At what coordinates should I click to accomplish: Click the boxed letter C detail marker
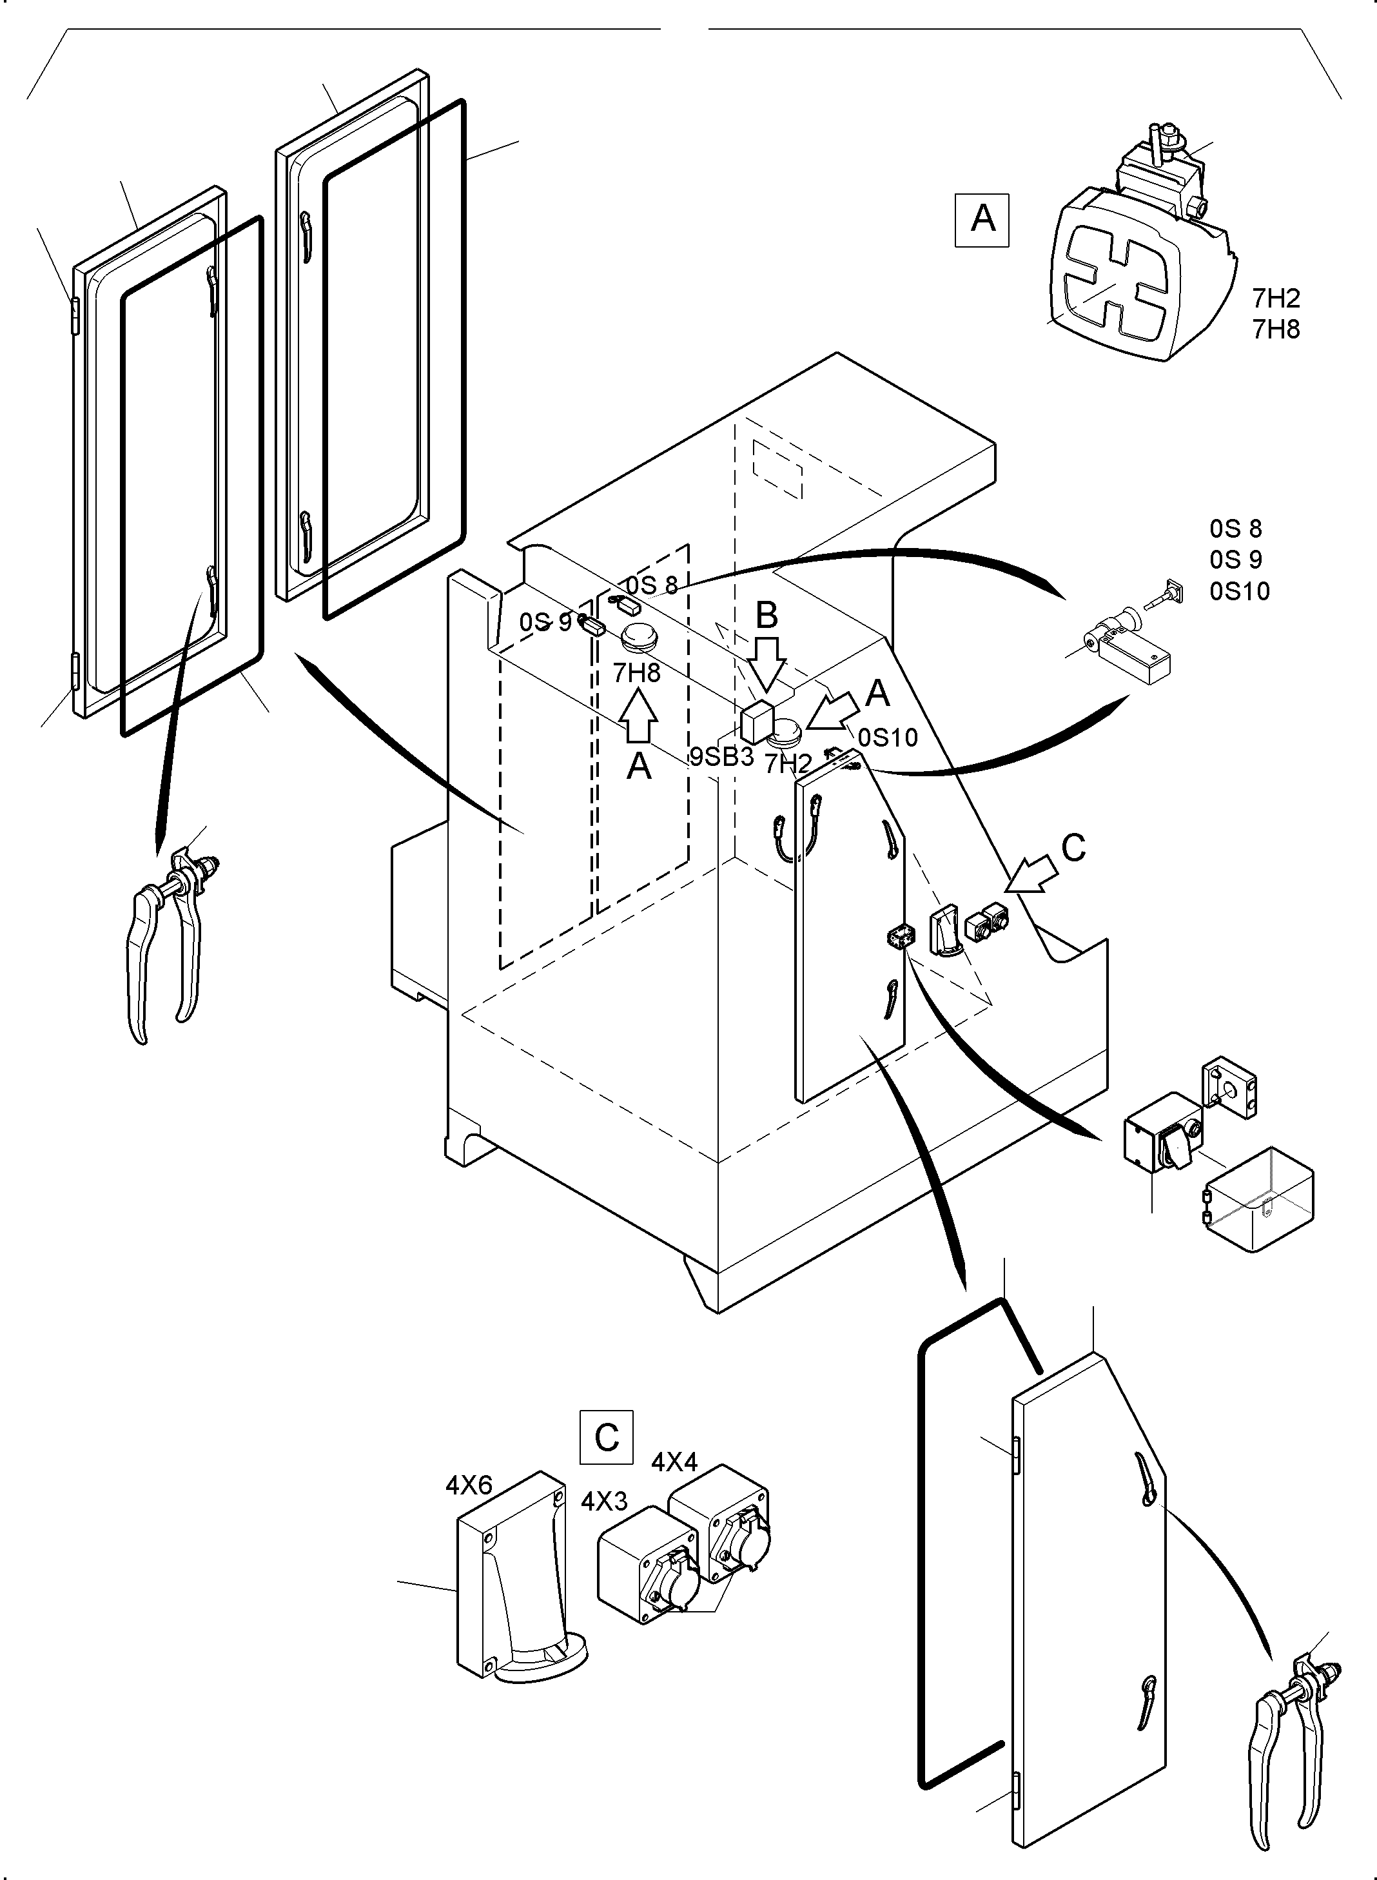[x=606, y=1437]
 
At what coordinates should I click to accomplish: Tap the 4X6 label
[x=469, y=1485]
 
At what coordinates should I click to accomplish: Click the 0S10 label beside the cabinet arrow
[x=888, y=738]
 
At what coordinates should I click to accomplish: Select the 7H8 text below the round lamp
[x=636, y=673]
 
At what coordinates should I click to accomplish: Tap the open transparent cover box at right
[x=1258, y=1198]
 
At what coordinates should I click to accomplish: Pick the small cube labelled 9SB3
[x=757, y=721]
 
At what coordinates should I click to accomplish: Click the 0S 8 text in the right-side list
[x=1235, y=529]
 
